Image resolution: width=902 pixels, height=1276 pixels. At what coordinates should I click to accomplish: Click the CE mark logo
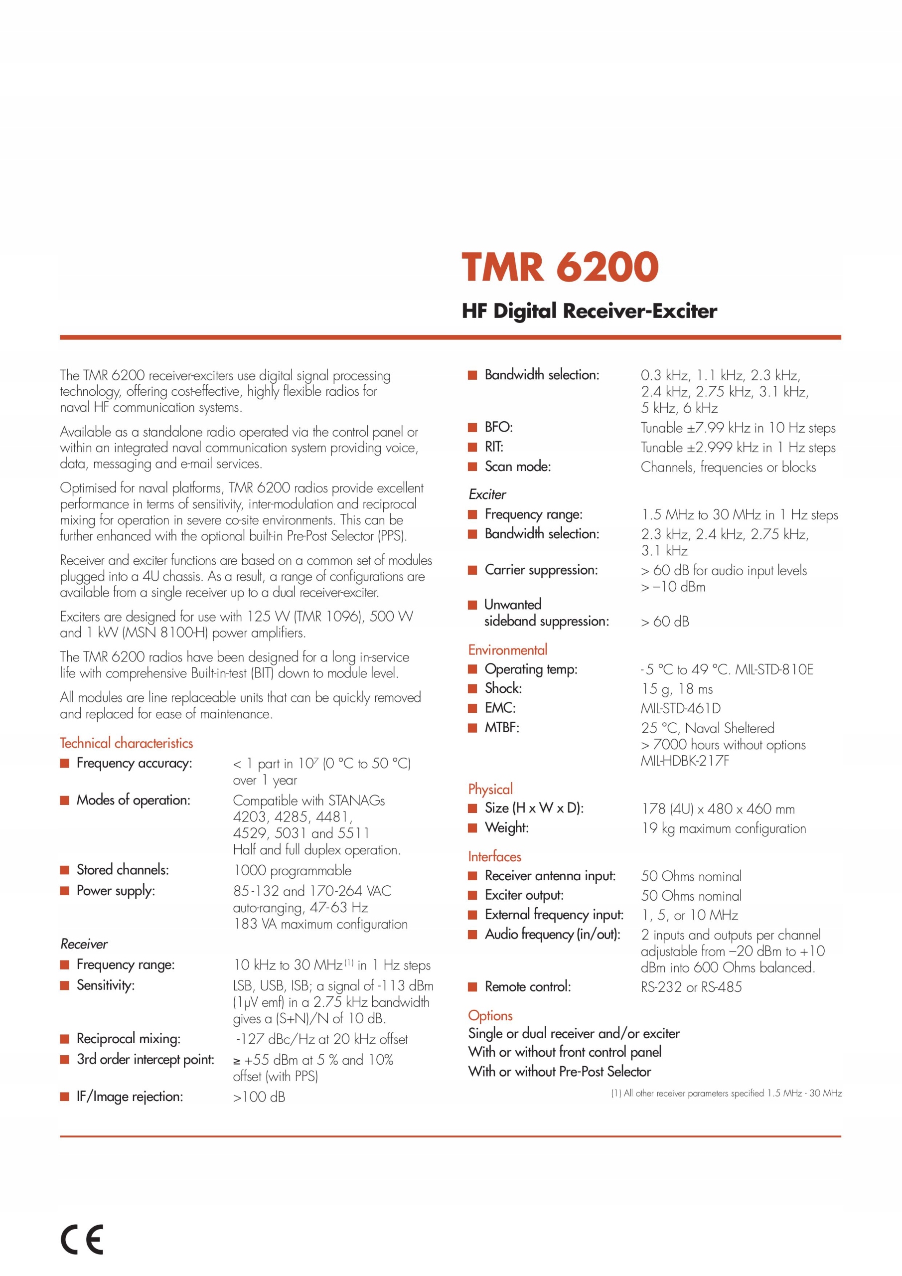[82, 1239]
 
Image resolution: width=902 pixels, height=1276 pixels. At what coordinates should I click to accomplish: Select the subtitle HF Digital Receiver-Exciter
[589, 311]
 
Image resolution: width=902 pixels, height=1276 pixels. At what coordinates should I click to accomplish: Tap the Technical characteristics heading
[126, 743]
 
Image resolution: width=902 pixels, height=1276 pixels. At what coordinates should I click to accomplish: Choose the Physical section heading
[490, 789]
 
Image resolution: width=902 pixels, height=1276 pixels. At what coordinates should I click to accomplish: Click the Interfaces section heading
[494, 856]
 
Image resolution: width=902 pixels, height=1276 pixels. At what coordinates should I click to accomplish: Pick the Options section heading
[490, 1015]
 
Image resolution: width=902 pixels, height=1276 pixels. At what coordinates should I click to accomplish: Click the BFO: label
[498, 427]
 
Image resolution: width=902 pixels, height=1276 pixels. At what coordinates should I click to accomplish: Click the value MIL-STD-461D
[680, 709]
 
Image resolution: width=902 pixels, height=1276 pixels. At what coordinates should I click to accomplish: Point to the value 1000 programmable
[293, 870]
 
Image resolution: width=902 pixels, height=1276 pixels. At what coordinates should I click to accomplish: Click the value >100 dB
[259, 1097]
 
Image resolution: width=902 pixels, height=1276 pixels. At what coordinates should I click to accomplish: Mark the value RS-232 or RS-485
[691, 987]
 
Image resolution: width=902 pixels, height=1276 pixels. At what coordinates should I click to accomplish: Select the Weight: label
[506, 827]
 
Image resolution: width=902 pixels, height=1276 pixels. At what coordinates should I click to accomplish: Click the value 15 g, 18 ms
[676, 689]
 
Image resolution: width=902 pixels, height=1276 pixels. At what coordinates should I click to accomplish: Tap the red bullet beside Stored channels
[65, 870]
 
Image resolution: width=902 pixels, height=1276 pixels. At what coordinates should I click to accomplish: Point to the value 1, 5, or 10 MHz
[689, 915]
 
